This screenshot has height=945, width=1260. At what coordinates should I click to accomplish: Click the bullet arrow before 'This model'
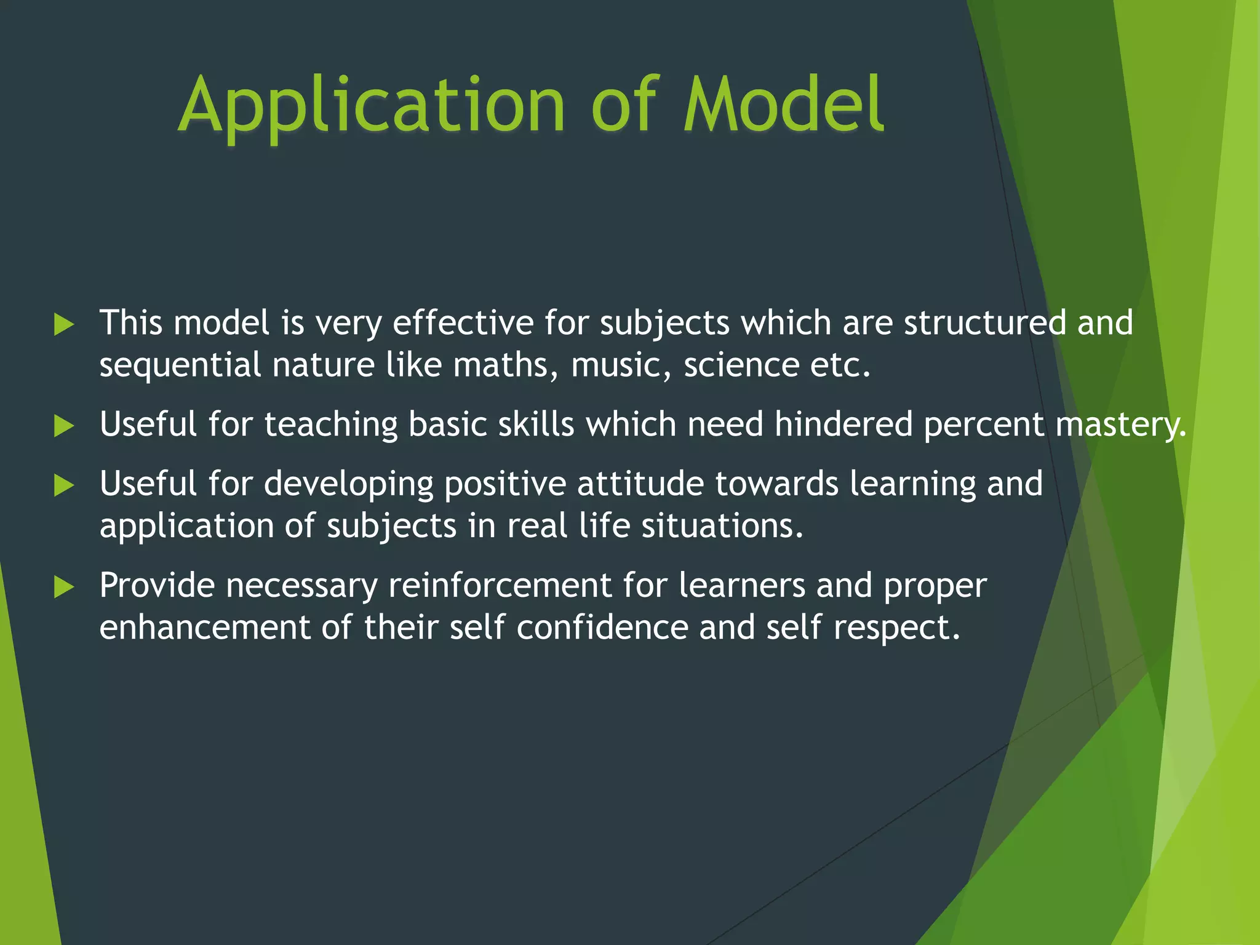click(x=63, y=324)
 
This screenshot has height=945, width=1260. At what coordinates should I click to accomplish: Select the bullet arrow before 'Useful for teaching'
click(x=63, y=426)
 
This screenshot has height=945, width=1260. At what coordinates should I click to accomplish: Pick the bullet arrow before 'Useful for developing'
click(x=63, y=485)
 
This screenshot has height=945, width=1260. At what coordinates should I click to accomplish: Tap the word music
click(x=620, y=365)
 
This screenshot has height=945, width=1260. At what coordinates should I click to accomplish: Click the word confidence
click(x=602, y=628)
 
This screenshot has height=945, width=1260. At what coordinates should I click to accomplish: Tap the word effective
click(x=463, y=323)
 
